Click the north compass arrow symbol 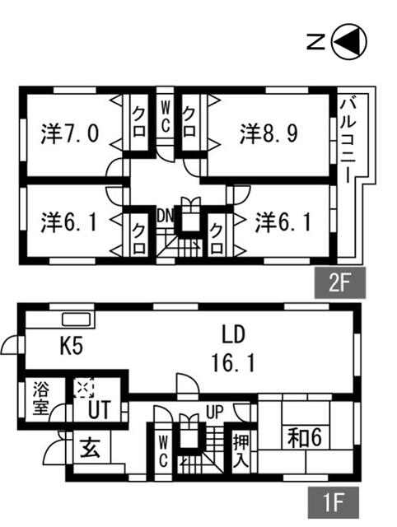coord(349,42)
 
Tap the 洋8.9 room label coord(269,134)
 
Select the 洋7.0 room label coord(70,133)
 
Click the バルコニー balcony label coord(348,140)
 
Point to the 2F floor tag coord(340,282)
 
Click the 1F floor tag coord(334,503)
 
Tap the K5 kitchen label coord(72,346)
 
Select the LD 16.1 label coord(233,348)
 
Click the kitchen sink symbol coord(77,319)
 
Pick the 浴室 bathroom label coord(41,399)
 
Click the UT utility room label coord(99,410)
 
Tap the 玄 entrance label coord(90,448)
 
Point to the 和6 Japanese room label coord(304,438)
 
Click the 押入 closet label coord(241,451)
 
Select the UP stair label coord(214,412)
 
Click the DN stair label coord(165,217)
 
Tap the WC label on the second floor coord(165,117)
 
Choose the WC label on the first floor coord(163,451)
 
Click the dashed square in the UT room coord(84,388)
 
